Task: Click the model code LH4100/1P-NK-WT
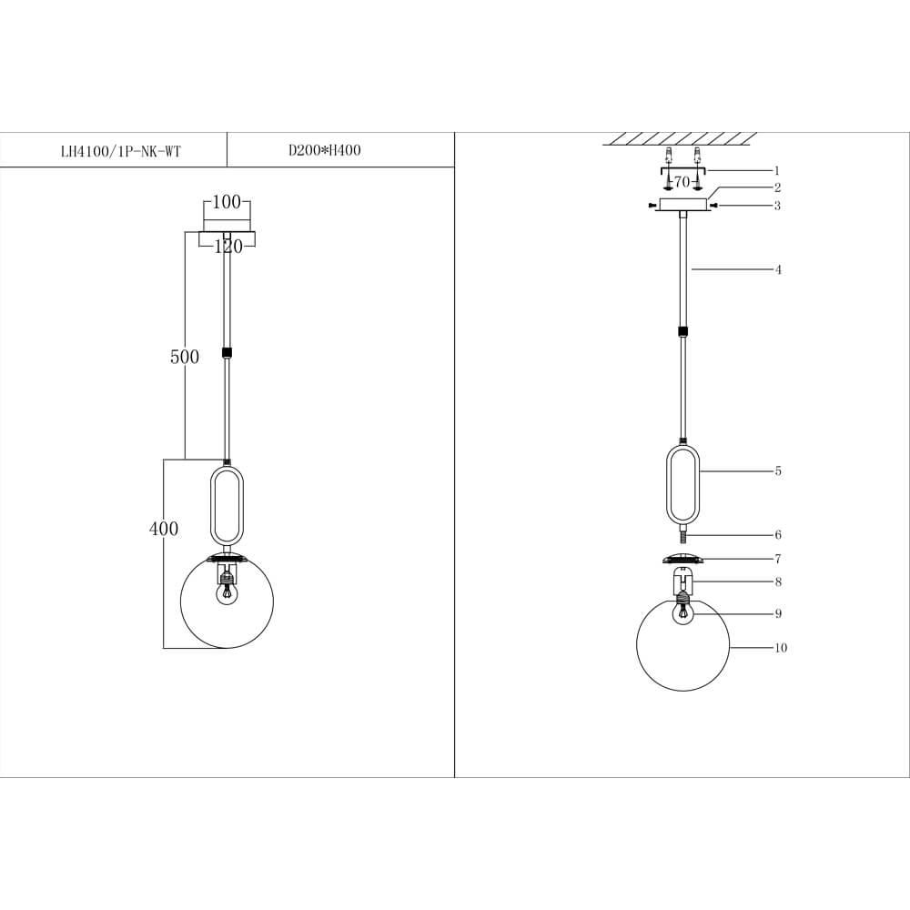[121, 151]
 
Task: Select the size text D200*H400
[325, 150]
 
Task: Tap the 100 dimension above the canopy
[227, 202]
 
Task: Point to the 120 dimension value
[228, 247]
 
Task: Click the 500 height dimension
[185, 357]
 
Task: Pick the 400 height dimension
[164, 529]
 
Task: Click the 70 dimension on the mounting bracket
[682, 182]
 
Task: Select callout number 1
[777, 171]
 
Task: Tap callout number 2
[777, 187]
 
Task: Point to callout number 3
[777, 206]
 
